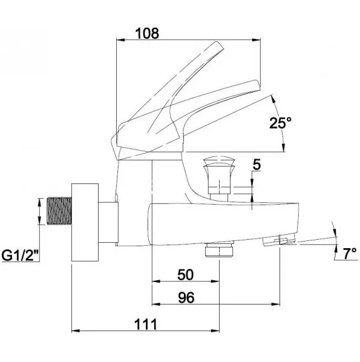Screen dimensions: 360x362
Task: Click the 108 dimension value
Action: (x=147, y=33)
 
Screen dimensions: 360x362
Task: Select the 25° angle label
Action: (x=281, y=123)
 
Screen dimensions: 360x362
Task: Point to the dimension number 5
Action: (x=257, y=165)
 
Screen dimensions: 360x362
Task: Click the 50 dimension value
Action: (x=186, y=275)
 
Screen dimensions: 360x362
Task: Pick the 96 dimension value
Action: (x=186, y=298)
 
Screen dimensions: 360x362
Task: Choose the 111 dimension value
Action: (x=146, y=324)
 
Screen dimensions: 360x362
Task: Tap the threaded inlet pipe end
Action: (x=59, y=211)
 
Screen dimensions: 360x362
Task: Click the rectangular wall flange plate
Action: (x=85, y=222)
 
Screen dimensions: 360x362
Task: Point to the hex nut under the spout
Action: (x=219, y=249)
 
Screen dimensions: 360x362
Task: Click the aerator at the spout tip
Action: (x=280, y=240)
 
